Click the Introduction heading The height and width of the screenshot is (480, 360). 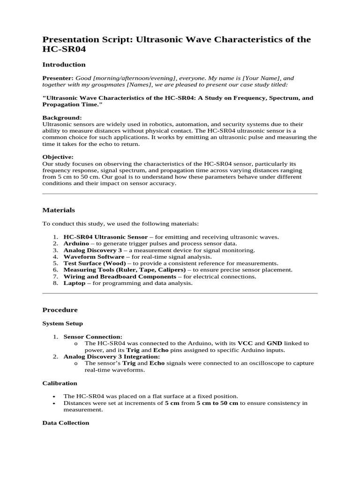tap(64, 65)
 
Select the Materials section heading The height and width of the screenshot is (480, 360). tap(59, 210)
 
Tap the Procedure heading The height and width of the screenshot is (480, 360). tap(60, 310)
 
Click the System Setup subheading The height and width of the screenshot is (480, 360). tap(62, 323)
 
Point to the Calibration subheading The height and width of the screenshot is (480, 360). tap(60, 383)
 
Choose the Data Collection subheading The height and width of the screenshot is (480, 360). tap(66, 423)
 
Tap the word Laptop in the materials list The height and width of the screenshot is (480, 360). tap(75, 283)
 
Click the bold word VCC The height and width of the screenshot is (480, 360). tap(245, 343)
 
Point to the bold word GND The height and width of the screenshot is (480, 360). tap(275, 343)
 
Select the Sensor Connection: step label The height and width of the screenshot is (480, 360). tap(93, 337)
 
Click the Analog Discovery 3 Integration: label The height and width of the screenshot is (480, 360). tap(112, 357)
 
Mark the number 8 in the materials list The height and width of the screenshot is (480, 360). tap(54, 283)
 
